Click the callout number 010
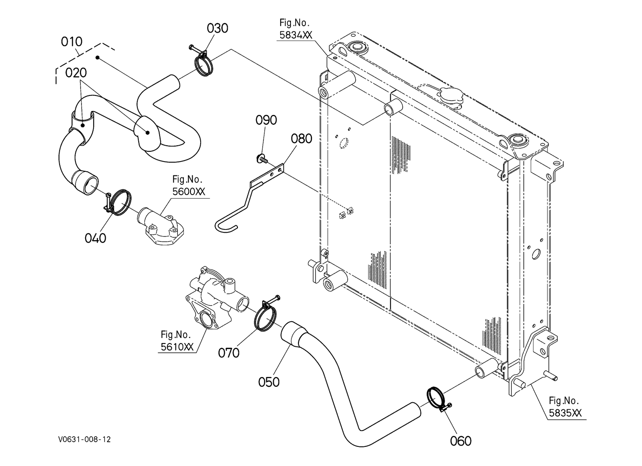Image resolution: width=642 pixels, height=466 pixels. pyautogui.click(x=72, y=42)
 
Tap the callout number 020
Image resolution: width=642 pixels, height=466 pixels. pyautogui.click(x=76, y=73)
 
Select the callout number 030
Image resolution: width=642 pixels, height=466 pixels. pyautogui.click(x=217, y=28)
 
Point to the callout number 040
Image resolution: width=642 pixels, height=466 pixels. pyautogui.click(x=95, y=238)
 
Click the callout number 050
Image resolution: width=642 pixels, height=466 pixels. pyautogui.click(x=269, y=382)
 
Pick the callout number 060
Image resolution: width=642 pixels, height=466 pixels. pyautogui.click(x=460, y=441)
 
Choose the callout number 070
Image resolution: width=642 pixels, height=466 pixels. pyautogui.click(x=229, y=353)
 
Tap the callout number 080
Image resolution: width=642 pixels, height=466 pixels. pyautogui.click(x=301, y=139)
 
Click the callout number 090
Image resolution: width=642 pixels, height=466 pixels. pyautogui.click(x=266, y=120)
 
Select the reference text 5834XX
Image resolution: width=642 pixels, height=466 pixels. pyautogui.click(x=296, y=35)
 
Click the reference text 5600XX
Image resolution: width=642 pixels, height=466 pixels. pyautogui.click(x=189, y=191)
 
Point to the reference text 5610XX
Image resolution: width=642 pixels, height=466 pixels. pyautogui.click(x=177, y=347)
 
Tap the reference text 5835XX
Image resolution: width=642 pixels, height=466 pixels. pyautogui.click(x=565, y=413)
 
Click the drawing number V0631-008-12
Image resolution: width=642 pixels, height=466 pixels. pyautogui.click(x=85, y=439)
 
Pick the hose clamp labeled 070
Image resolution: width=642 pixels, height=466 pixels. pyautogui.click(x=266, y=314)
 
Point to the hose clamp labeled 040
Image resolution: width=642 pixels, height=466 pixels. pyautogui.click(x=118, y=203)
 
